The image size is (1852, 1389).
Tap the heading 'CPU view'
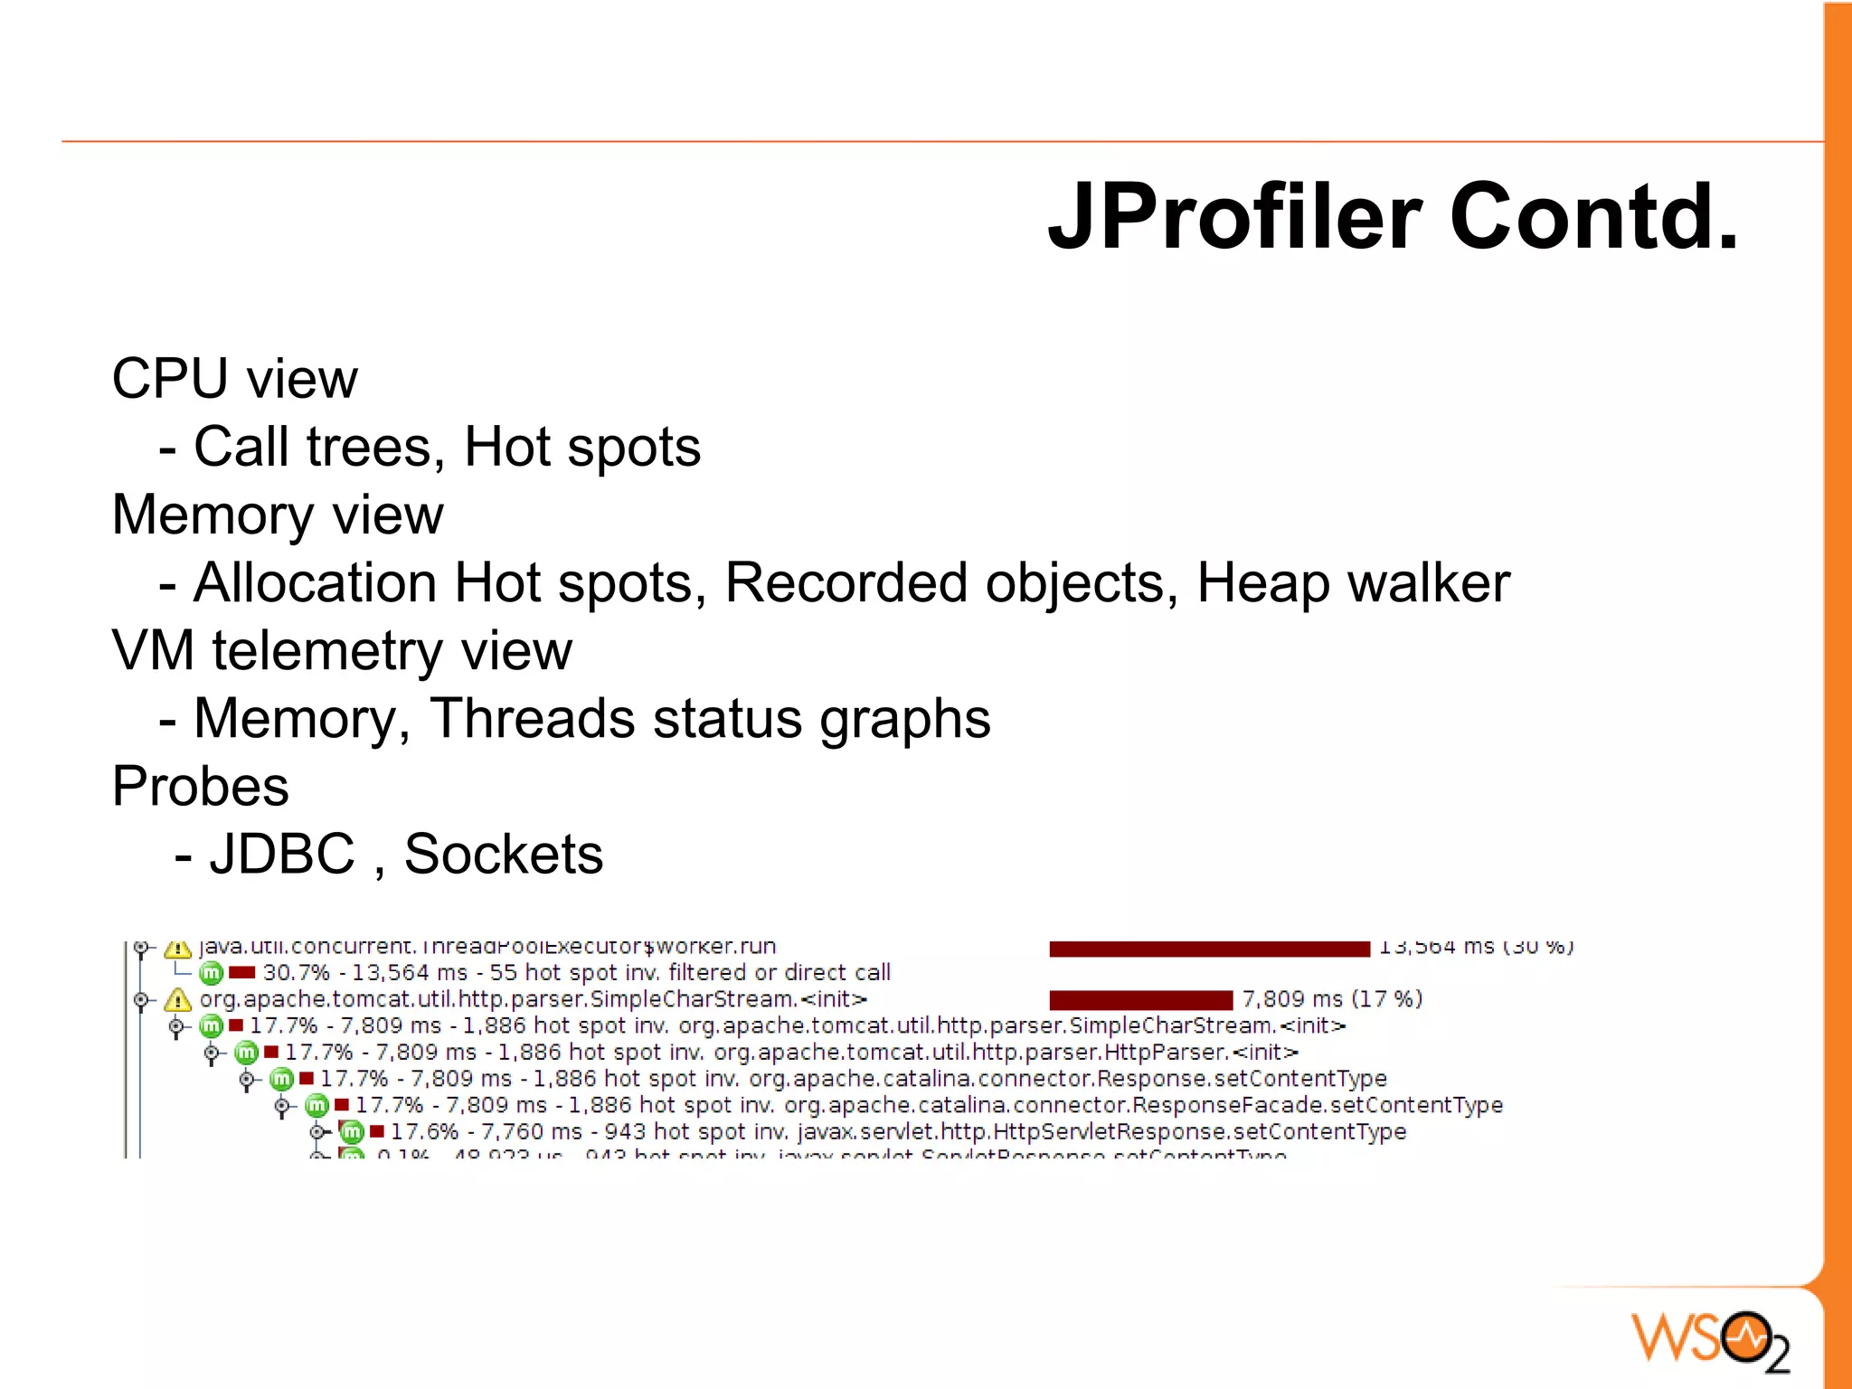pos(234,378)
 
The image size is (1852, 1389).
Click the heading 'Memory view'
pos(278,515)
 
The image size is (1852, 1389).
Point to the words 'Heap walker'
pos(1353,582)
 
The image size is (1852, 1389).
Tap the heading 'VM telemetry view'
pos(342,650)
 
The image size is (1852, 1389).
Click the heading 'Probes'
pos(200,786)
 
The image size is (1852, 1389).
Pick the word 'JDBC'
pos(282,854)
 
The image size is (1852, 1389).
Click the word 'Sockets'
pos(503,854)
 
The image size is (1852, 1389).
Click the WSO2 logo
pos(1709,1339)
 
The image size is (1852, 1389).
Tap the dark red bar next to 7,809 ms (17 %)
pos(1140,999)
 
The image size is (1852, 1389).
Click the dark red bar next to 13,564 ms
pos(1209,949)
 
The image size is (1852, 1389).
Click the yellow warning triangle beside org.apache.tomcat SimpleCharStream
pos(177,1000)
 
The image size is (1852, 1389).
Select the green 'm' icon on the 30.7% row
pos(211,973)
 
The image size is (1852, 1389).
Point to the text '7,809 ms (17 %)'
pos(1331,999)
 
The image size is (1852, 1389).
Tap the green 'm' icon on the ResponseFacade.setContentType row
pos(317,1105)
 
